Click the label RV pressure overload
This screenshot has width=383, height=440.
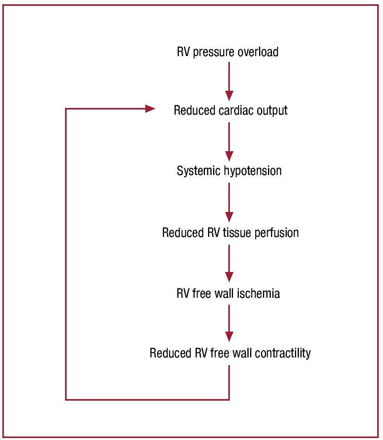[228, 52]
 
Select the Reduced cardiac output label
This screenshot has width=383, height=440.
[230, 110]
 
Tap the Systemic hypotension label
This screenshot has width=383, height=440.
[229, 171]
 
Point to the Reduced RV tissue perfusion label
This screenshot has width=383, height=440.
[230, 233]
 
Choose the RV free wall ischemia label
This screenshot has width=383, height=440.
[228, 293]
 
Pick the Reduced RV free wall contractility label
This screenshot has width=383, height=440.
[230, 353]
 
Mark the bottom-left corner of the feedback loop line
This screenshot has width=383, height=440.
[66, 399]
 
